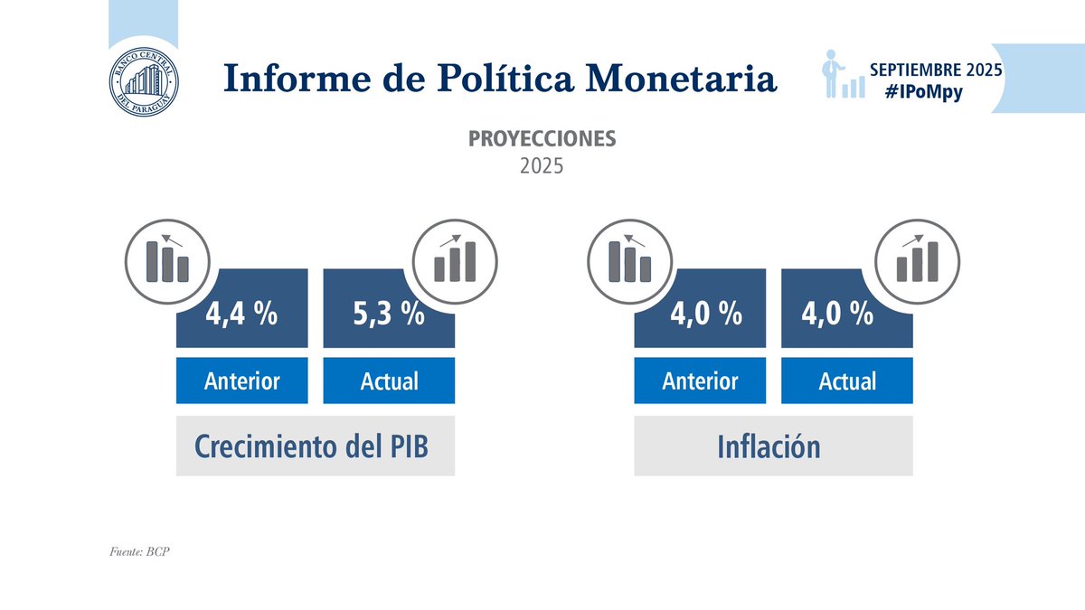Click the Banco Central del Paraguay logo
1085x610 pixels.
pos(143,78)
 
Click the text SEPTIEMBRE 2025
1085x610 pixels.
pos(935,69)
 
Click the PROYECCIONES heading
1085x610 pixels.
pos(542,139)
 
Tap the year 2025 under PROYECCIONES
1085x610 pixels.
pos(542,167)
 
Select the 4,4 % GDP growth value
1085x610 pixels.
pos(241,314)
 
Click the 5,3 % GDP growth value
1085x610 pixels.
pos(388,314)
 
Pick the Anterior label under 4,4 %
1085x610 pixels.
pos(241,380)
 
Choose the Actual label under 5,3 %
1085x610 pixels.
pos(389,380)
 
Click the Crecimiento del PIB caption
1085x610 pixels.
pos(315,446)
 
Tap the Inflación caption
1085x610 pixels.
pos(773,446)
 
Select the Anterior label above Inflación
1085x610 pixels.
pos(700,380)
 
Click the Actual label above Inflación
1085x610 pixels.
pos(847,380)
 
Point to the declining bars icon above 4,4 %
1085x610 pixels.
pos(169,258)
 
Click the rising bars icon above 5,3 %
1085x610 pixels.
pos(455,258)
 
